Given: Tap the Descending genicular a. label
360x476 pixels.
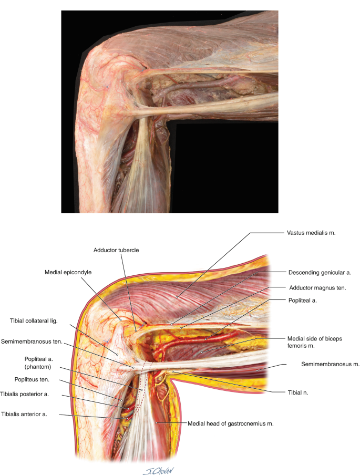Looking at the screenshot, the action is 320,273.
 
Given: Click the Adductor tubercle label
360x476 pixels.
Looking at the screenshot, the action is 116,251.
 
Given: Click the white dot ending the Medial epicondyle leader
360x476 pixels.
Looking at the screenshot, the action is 121,318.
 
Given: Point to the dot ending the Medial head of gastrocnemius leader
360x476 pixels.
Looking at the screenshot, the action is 157,422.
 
